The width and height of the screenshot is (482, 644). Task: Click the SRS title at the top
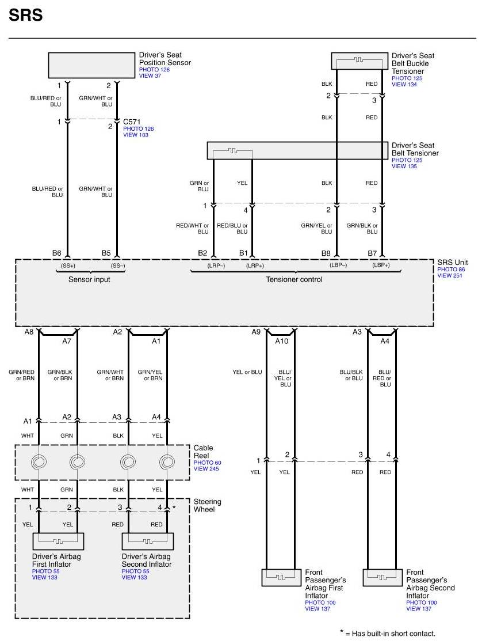tap(25, 15)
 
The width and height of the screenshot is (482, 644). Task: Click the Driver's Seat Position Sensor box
tap(91, 65)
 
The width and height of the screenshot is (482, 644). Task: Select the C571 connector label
tap(132, 122)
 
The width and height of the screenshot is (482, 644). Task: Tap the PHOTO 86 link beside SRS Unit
tap(451, 270)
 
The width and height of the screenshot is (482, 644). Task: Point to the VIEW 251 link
tap(450, 275)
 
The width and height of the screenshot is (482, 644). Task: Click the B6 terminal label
tap(56, 253)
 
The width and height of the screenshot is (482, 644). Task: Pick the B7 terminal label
tap(372, 253)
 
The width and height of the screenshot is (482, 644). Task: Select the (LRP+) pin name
tap(255, 266)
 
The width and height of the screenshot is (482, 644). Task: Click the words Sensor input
tap(89, 279)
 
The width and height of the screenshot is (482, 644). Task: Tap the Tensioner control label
tap(294, 279)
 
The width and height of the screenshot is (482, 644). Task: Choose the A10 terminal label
tap(282, 341)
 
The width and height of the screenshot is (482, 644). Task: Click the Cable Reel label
tap(203, 452)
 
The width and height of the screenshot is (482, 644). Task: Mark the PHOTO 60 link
tap(207, 463)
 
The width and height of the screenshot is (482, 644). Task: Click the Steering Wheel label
tap(207, 506)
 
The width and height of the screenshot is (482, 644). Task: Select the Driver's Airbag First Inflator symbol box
tap(58, 541)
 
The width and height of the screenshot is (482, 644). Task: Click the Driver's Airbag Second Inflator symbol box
tap(148, 541)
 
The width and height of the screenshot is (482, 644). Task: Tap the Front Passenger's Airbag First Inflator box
tap(281, 577)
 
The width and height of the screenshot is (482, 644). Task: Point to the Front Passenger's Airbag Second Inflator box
tap(382, 577)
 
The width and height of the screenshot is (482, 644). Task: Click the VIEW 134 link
tap(404, 84)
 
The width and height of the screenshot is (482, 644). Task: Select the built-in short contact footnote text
tap(388, 633)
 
